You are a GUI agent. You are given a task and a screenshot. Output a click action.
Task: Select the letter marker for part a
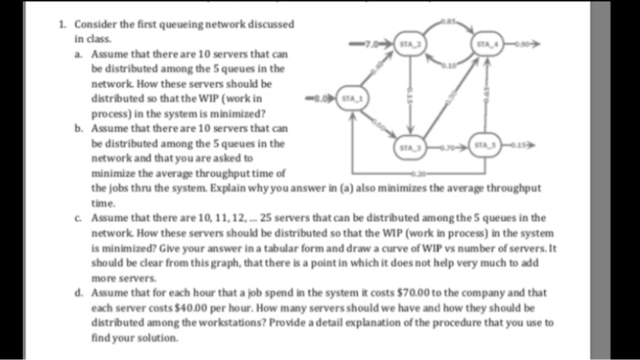78,56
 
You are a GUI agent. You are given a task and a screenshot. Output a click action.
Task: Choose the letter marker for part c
78,217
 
